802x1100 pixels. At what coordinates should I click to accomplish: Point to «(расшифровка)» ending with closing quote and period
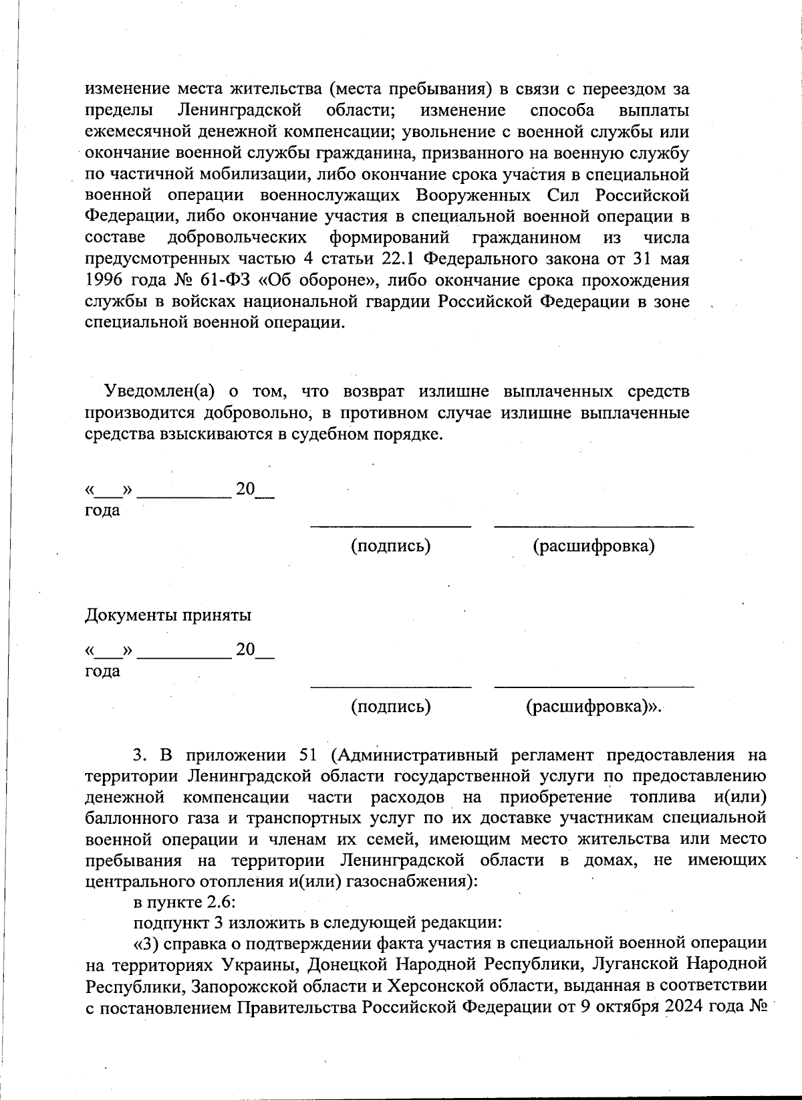(593, 706)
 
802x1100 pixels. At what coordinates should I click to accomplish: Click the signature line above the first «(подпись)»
(391, 527)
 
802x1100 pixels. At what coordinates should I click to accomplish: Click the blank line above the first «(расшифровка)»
(593, 527)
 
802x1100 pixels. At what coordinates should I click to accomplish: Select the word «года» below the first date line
(102, 510)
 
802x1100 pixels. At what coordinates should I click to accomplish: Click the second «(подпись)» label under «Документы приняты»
(391, 706)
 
